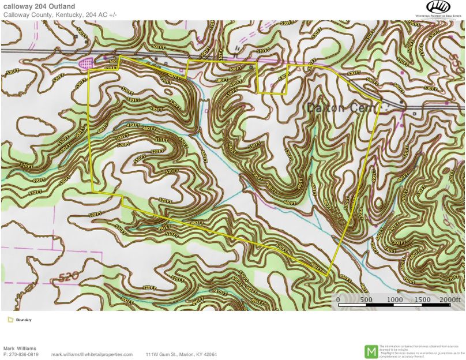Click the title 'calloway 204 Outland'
coord(39,6)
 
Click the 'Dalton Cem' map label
coord(341,108)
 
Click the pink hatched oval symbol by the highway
coord(86,61)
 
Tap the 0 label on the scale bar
coord(339,300)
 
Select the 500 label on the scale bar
coord(366,300)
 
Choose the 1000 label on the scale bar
coord(394,300)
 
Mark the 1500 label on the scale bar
coord(422,300)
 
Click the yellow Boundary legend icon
coord(10,320)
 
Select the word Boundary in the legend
coord(24,320)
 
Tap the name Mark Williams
coord(20,348)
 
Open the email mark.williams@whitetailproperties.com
coord(92,354)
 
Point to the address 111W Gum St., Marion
coord(181,354)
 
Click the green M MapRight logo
coord(371,350)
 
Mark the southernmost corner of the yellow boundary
coord(328,276)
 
